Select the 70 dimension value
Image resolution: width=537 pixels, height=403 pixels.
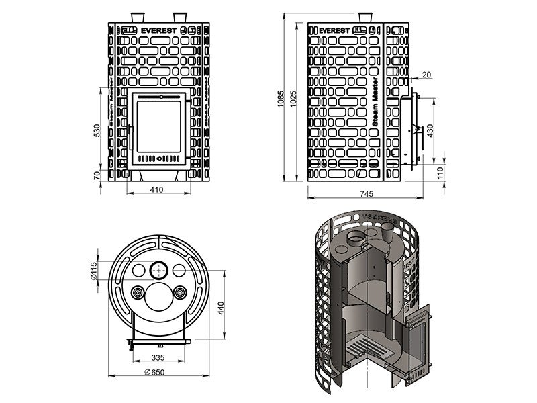click(97, 175)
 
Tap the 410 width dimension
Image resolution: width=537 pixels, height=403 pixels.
click(156, 190)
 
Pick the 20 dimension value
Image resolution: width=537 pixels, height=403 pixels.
click(428, 74)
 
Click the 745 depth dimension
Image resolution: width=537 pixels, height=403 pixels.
click(367, 194)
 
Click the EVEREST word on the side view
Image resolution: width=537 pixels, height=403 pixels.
click(330, 30)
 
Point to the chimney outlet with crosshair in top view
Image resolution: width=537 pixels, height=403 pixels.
click(159, 270)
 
